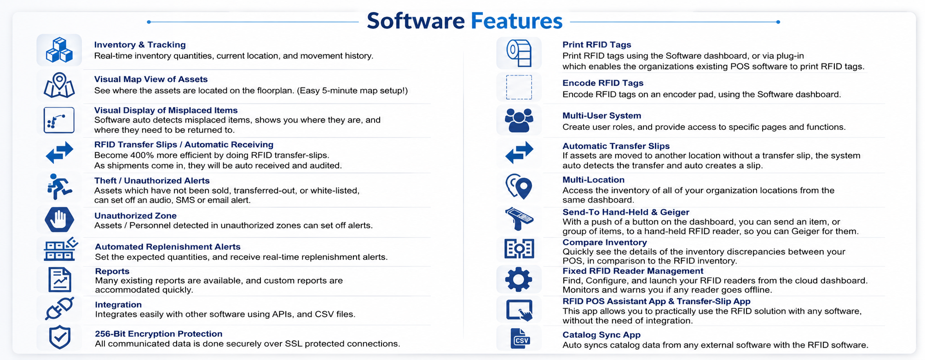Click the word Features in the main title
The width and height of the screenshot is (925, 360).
(516, 21)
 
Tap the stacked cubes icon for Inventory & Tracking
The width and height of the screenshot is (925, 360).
(59, 50)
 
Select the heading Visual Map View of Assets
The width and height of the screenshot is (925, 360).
(151, 79)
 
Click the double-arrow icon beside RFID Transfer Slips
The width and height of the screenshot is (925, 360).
(59, 152)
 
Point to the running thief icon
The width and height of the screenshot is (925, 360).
(59, 186)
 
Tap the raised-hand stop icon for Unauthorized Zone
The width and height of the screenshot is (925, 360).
(59, 219)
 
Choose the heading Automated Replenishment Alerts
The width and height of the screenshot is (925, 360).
(168, 247)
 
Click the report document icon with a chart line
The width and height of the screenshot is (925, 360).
(60, 279)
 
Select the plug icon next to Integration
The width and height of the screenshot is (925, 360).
(59, 308)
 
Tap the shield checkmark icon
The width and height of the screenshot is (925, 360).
(60, 337)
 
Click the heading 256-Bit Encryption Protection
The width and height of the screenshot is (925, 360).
(159, 334)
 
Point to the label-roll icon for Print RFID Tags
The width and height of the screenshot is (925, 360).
(519, 53)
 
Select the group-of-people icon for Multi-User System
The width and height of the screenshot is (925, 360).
(519, 120)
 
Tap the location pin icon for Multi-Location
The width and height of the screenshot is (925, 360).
(519, 186)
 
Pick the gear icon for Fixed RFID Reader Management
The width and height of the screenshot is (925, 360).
(519, 279)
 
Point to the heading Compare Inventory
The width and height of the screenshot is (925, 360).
(605, 242)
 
